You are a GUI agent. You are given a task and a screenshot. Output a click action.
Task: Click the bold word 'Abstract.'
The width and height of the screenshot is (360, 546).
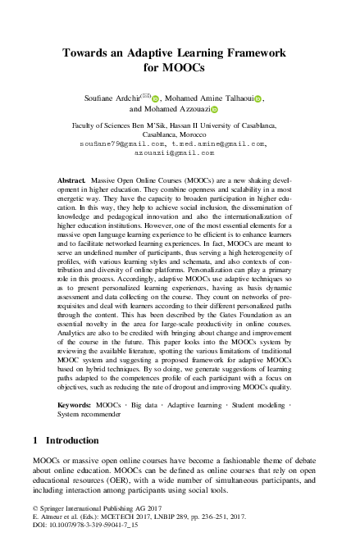[72, 178]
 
